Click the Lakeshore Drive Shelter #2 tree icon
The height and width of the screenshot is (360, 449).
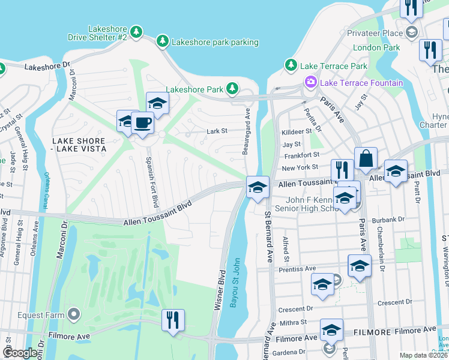pos(137,31)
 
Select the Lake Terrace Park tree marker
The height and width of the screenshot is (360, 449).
pos(291,65)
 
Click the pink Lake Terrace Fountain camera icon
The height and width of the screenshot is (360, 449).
pos(311,82)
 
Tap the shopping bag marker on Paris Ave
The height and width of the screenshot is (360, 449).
pos(365,160)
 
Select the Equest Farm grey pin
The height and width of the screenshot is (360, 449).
pos(73,314)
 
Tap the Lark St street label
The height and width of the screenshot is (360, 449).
pos(217,130)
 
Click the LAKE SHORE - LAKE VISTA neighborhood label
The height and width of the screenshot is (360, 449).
pos(79,144)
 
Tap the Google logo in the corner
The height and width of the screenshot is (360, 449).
pos(20,353)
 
